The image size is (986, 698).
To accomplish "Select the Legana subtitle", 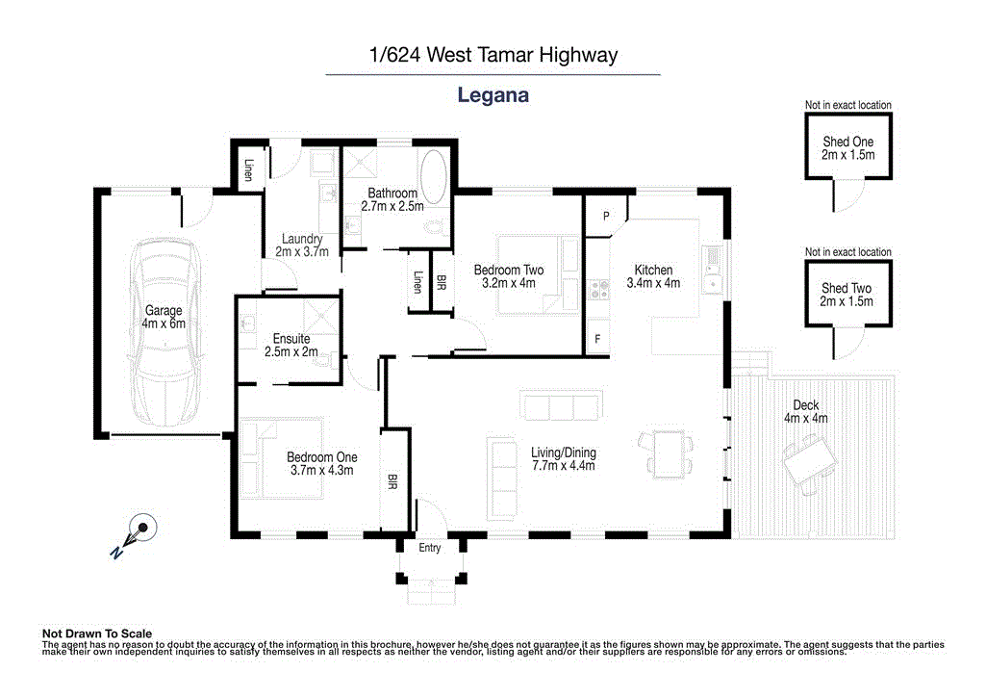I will tap(493, 95).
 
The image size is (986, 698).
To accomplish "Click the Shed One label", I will tap(848, 142).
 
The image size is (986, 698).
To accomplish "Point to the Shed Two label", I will tap(847, 288).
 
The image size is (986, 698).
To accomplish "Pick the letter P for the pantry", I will tap(606, 217).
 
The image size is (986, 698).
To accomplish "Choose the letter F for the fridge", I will tap(597, 339).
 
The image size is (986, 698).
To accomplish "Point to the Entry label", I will tap(430, 548).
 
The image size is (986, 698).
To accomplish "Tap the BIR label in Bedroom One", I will tap(392, 478).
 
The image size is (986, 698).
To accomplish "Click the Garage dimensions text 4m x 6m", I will tap(164, 323).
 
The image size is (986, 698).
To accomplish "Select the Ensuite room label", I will tap(291, 339).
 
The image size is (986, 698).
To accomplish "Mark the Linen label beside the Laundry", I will tap(248, 169).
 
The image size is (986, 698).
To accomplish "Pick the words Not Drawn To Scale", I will tap(97, 633).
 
